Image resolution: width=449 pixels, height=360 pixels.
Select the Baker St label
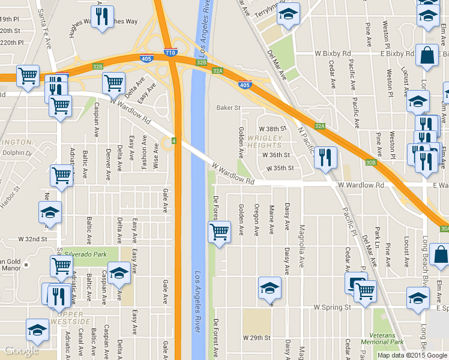click(228, 108)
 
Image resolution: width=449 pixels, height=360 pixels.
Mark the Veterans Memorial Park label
click(387, 338)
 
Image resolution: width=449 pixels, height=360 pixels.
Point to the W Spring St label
click(332, 307)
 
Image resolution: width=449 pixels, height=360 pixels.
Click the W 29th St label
click(258, 338)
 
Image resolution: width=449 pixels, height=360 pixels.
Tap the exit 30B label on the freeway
click(370, 162)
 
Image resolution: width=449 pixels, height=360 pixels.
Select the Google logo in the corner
click(22, 350)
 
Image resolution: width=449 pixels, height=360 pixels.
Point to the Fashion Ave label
click(144, 148)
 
